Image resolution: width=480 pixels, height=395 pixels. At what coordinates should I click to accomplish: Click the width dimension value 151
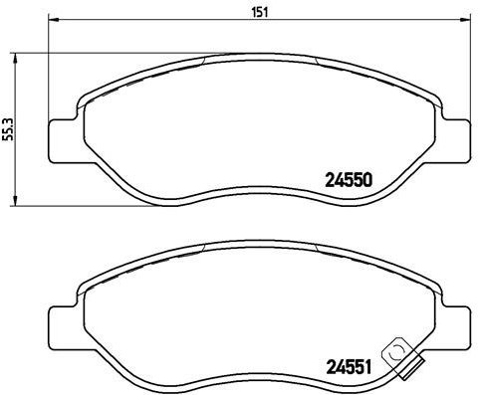258,13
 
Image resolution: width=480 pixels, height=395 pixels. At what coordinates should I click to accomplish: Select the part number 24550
349,181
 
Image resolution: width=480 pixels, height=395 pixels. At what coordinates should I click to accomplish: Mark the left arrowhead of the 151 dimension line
52,23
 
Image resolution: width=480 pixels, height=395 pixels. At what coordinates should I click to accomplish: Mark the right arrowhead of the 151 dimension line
465,23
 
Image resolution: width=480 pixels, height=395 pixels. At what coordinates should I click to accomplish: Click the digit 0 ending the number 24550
367,181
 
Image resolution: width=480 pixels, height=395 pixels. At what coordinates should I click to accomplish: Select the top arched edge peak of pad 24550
258,57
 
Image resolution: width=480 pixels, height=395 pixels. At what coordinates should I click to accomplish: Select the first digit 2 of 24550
331,181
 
